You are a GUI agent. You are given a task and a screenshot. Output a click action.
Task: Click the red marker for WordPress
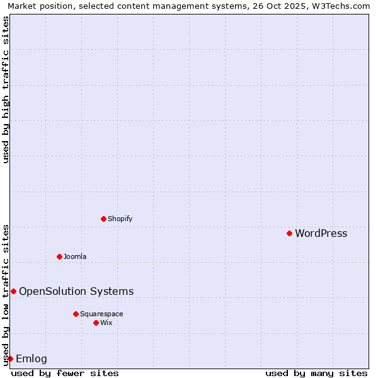(x=289, y=233)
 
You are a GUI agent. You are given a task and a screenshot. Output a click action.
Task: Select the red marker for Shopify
(x=103, y=219)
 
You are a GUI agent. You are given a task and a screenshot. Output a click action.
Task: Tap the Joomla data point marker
(x=59, y=256)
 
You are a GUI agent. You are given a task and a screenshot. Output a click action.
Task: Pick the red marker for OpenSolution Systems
(x=13, y=291)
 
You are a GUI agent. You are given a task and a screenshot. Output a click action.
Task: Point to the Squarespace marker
(x=76, y=314)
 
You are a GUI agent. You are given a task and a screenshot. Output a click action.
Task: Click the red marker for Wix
(x=96, y=323)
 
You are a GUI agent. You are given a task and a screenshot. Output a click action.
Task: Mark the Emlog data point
(x=10, y=358)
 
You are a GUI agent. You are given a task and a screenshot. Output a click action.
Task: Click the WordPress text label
(x=321, y=234)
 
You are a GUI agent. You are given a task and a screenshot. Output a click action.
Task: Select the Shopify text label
(x=120, y=219)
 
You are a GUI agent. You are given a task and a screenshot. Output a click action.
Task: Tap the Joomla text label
(x=75, y=256)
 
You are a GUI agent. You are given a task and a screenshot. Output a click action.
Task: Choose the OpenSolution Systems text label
(x=76, y=291)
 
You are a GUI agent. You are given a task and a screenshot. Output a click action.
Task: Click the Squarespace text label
(x=101, y=314)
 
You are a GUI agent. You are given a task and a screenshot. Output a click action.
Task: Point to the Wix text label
(x=106, y=323)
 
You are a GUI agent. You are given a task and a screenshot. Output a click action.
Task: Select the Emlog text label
(x=31, y=359)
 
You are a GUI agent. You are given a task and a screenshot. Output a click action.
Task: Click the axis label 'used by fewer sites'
(x=65, y=374)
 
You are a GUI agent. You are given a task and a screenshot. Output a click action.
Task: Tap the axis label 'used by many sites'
(x=316, y=374)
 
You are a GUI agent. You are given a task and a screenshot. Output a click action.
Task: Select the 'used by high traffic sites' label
(x=6, y=89)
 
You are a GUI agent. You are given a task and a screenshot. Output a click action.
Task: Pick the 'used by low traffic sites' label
(x=6, y=295)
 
